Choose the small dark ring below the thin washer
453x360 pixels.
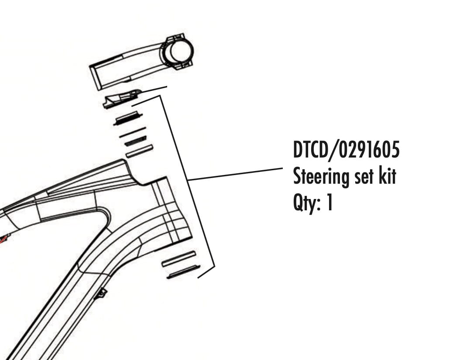pos(135,141)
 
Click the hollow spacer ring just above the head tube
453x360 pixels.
pos(139,151)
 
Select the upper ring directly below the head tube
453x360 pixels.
pos(178,259)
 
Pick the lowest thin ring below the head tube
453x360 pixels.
pos(184,271)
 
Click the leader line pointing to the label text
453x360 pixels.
pos(236,174)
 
